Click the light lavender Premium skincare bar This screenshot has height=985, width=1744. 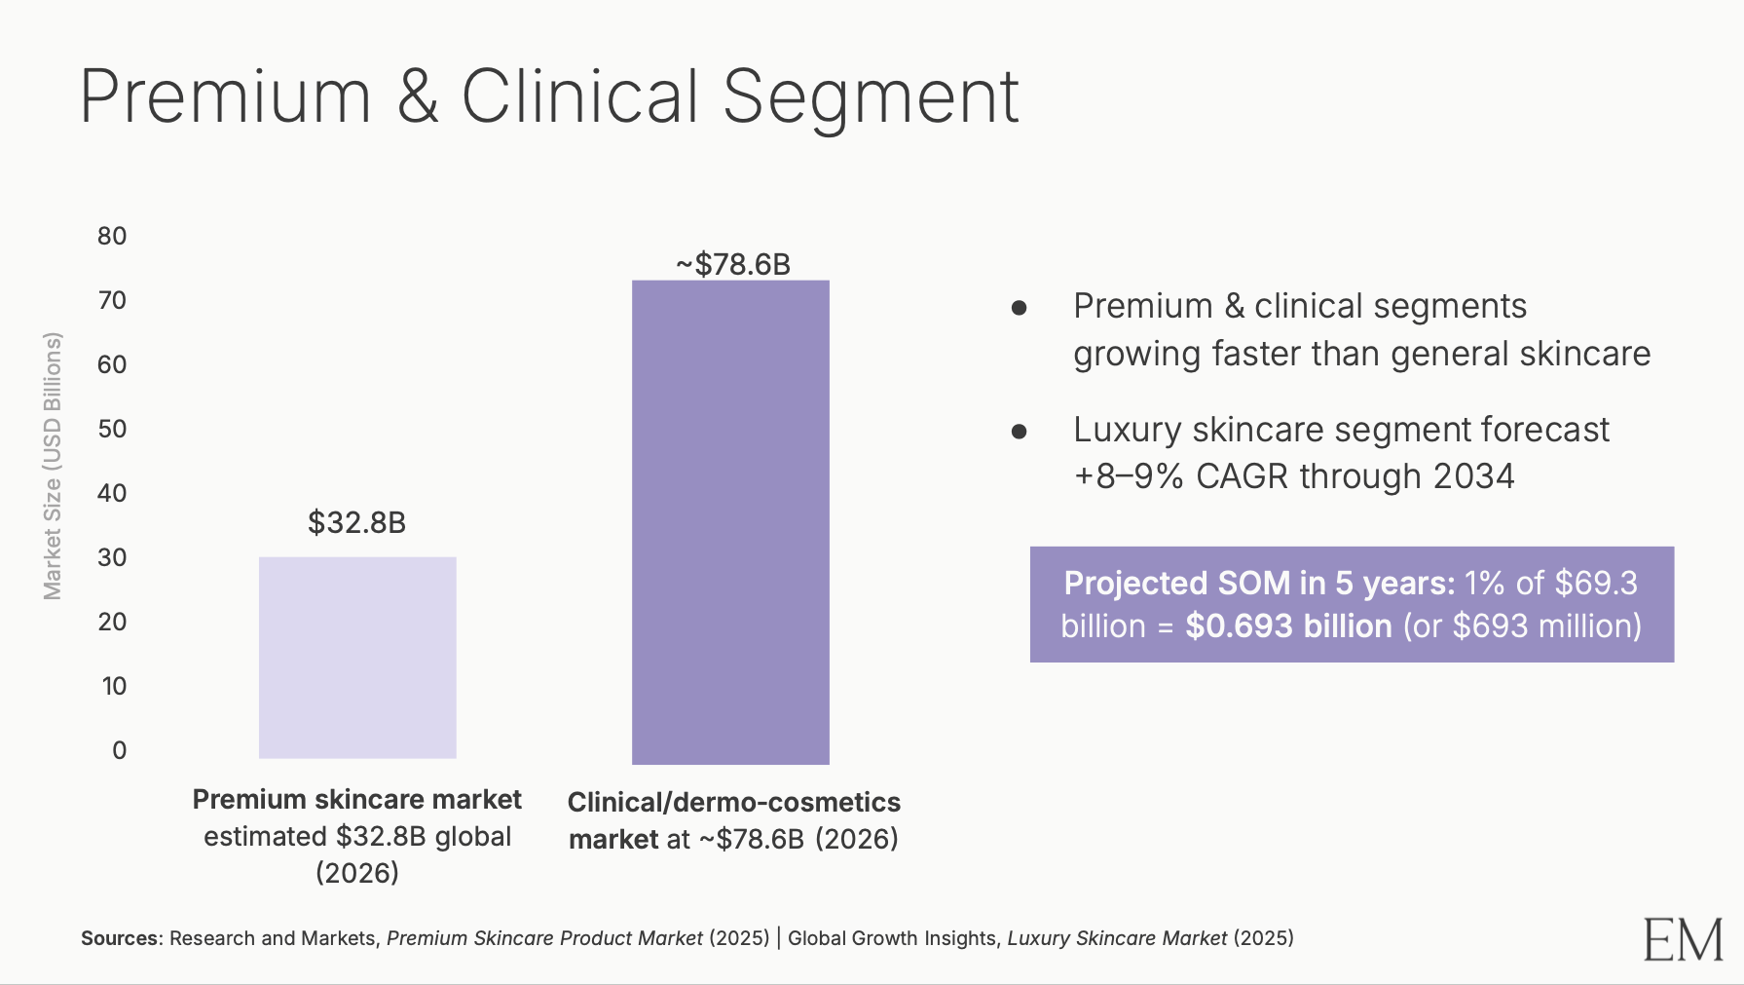(x=357, y=658)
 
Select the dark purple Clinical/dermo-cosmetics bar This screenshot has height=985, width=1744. (x=730, y=522)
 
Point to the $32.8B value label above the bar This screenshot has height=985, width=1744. (x=356, y=523)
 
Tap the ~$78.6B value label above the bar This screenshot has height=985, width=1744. (x=733, y=264)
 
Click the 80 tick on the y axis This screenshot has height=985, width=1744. (x=112, y=236)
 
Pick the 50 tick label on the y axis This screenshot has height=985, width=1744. (x=112, y=429)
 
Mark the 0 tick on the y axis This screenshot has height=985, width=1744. (x=119, y=750)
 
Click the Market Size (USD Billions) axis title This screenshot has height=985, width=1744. (x=53, y=466)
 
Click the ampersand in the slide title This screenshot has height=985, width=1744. (x=418, y=96)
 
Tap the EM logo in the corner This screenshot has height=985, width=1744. (x=1683, y=939)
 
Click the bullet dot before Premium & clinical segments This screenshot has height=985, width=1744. (x=1020, y=309)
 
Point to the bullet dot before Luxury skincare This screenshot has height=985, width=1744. (x=1020, y=432)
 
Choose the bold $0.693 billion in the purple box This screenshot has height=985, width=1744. (x=1288, y=625)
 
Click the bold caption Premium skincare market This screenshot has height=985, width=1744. (x=356, y=800)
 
